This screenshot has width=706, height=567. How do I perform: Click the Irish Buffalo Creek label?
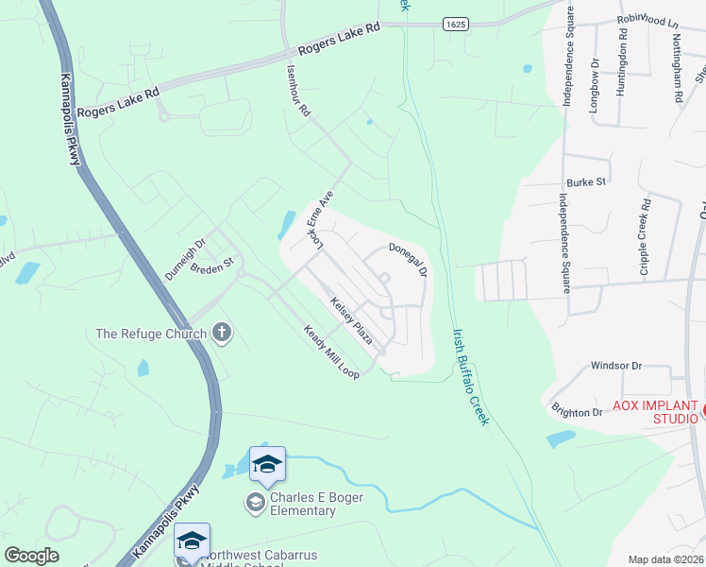[x=471, y=376]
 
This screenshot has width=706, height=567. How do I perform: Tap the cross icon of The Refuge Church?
[x=222, y=332]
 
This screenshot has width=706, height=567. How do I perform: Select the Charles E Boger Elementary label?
[x=302, y=505]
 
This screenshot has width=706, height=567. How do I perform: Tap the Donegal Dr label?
[x=410, y=259]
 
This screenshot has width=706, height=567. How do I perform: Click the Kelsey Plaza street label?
[x=351, y=320]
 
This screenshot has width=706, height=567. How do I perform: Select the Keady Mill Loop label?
[x=331, y=353]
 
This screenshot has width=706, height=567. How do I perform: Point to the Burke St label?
[x=585, y=182]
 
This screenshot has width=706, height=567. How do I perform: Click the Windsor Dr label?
[x=615, y=365]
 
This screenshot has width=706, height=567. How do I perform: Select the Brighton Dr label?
[x=577, y=412]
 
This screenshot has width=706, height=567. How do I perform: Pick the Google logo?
[x=31, y=556]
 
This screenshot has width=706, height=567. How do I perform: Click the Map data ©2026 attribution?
[x=665, y=559]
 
